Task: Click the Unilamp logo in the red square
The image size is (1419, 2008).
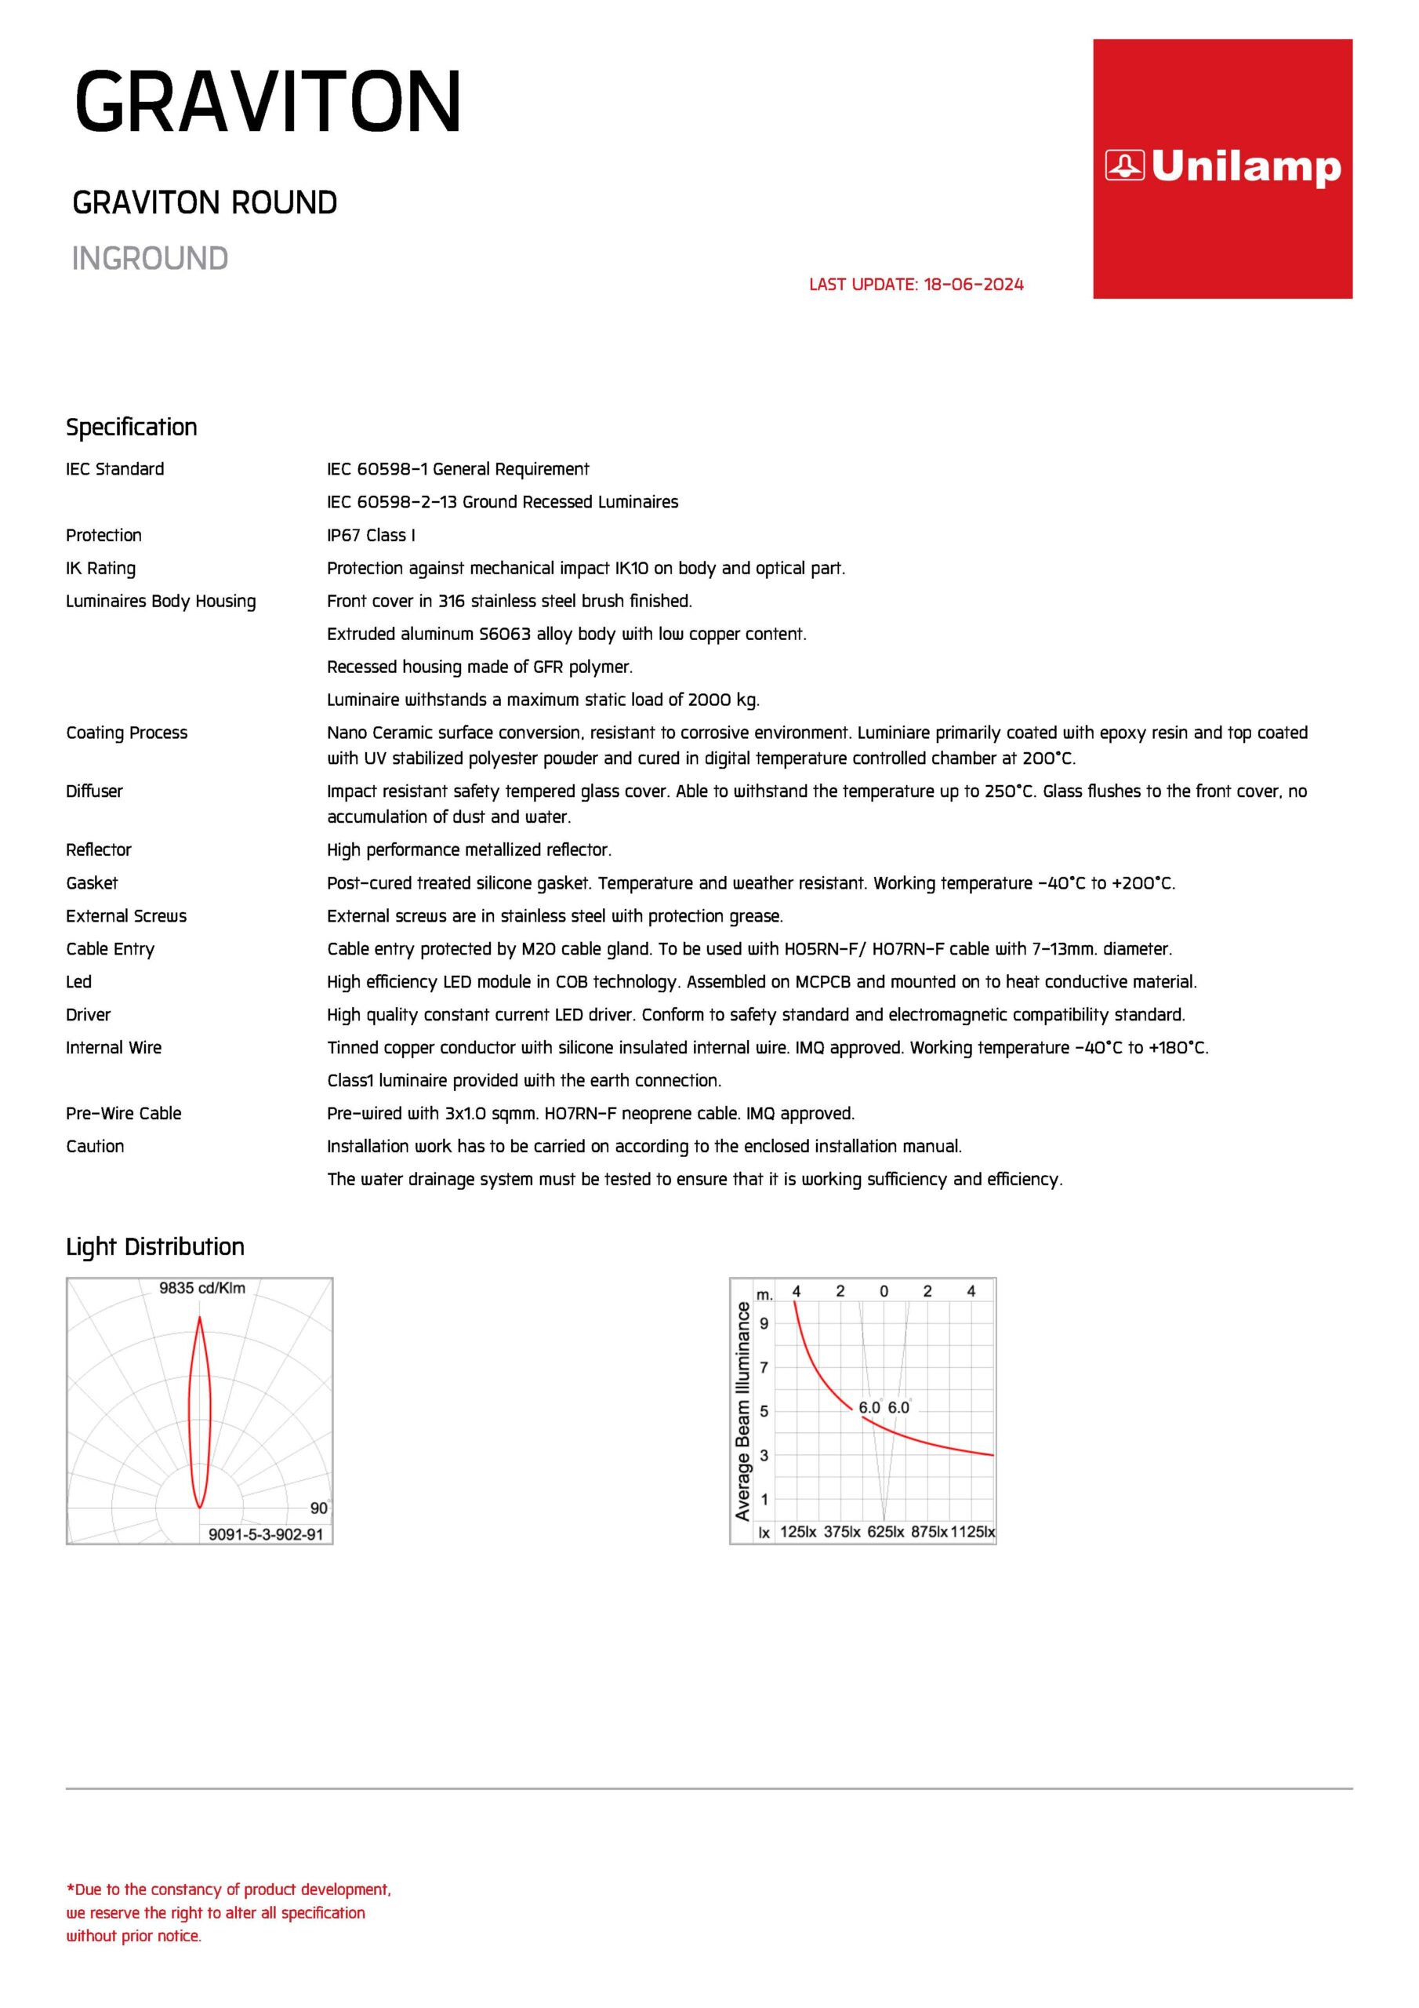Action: point(1222,166)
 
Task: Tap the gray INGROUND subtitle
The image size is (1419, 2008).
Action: point(150,259)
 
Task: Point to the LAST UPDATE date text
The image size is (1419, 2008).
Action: point(916,284)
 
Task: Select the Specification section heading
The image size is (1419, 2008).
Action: point(131,427)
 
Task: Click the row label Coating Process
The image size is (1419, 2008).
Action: point(127,733)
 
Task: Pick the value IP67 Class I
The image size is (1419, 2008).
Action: point(371,535)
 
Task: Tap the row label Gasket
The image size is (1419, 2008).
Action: point(92,883)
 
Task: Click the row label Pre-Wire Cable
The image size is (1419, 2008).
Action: point(123,1113)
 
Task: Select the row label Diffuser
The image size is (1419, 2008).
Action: point(94,791)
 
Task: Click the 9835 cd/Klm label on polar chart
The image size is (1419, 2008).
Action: point(202,1288)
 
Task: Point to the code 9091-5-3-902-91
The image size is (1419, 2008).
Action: point(266,1534)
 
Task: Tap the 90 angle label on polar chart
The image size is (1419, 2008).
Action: point(319,1508)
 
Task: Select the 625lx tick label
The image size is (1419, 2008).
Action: point(886,1531)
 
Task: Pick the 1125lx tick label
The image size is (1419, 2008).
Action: point(972,1531)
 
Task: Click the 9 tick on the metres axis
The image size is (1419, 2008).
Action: point(764,1323)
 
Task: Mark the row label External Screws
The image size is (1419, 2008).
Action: point(126,917)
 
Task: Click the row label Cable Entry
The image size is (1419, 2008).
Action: point(111,949)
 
